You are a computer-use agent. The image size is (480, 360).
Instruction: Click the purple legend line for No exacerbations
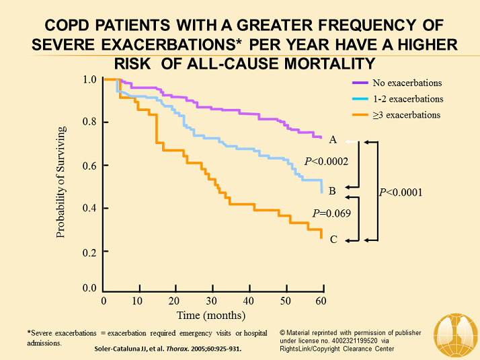[360, 83]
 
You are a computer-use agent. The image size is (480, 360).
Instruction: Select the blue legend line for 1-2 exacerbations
[360, 99]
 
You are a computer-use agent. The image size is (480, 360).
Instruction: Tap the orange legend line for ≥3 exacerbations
[360, 115]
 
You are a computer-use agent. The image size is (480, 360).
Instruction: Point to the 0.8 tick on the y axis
[89, 122]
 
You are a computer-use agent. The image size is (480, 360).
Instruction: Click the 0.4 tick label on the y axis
[89, 208]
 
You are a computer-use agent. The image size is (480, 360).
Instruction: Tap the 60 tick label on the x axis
[321, 300]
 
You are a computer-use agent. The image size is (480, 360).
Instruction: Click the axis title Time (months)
[211, 315]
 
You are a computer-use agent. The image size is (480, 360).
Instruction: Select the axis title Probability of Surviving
[61, 182]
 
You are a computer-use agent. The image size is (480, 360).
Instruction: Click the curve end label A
[332, 140]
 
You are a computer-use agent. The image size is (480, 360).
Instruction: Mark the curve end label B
[332, 190]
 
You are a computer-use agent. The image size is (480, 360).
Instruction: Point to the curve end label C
[332, 238]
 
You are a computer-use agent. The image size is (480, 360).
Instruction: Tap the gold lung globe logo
[455, 334]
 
